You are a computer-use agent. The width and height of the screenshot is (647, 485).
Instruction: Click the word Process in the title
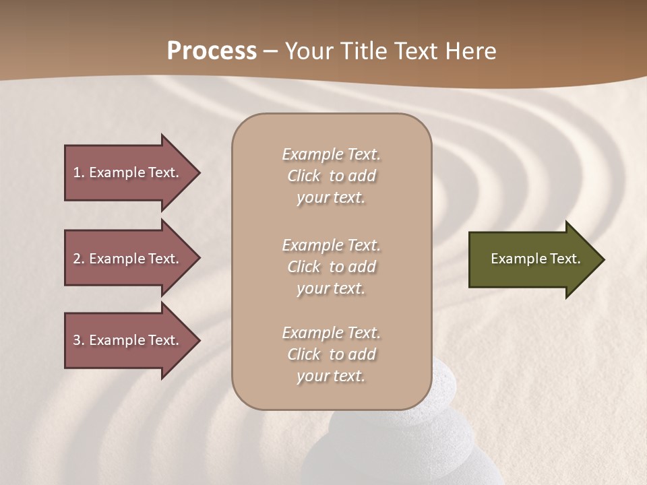212,51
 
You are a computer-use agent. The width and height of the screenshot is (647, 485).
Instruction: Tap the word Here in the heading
469,51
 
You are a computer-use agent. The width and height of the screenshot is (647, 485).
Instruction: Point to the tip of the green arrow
603,259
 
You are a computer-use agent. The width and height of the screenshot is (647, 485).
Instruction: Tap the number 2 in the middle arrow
77,259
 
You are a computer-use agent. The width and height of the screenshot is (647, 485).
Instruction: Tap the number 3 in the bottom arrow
77,340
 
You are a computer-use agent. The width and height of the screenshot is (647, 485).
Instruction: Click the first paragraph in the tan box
331,176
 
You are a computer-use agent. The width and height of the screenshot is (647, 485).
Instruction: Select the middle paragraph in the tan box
331,267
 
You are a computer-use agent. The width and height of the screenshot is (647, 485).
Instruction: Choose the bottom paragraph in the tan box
331,354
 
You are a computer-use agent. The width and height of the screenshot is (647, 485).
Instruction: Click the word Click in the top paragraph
304,176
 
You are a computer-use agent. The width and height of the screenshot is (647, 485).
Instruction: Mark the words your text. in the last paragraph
331,376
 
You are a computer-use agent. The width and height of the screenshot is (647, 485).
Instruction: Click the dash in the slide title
270,53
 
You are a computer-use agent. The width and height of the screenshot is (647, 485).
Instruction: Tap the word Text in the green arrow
565,259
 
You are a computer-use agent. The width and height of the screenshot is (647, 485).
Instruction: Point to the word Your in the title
309,51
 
